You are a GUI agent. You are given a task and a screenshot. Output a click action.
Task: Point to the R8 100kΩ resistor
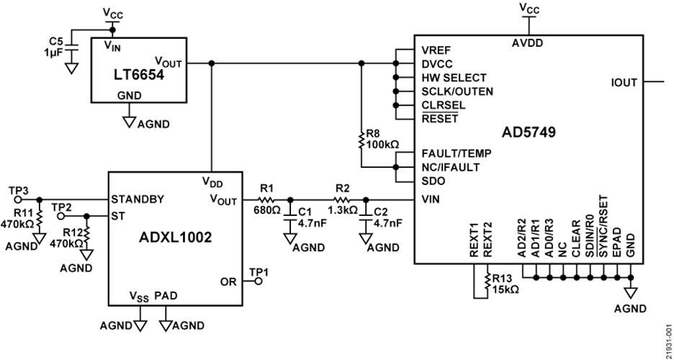[x=361, y=141]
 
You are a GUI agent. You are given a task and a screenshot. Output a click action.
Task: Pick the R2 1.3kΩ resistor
[x=341, y=199]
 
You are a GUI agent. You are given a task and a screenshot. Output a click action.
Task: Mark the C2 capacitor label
[x=382, y=213]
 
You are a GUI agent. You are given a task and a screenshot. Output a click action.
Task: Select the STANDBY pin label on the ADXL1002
[x=138, y=199]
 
